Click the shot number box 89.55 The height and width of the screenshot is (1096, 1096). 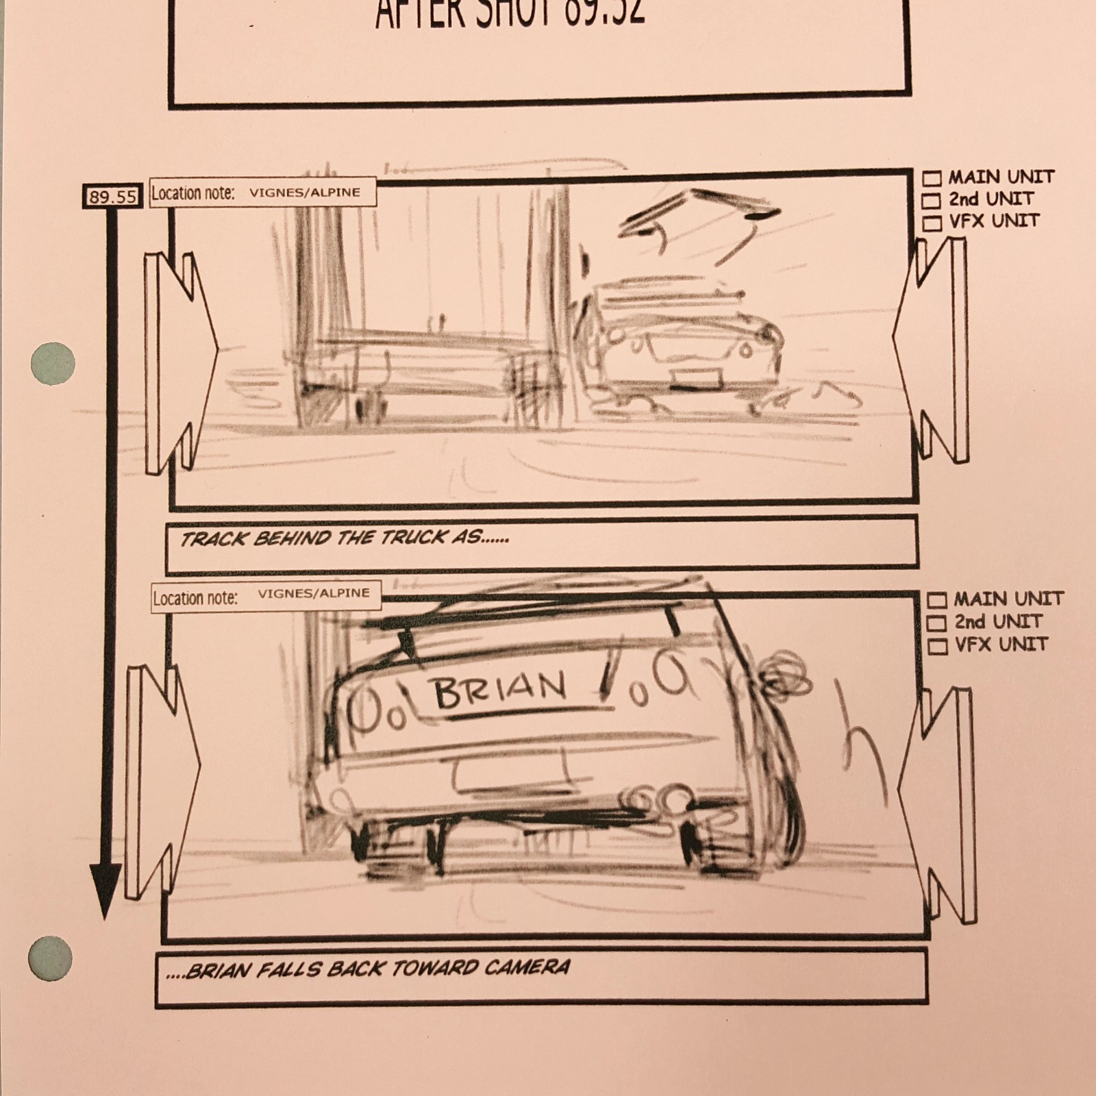pyautogui.click(x=112, y=197)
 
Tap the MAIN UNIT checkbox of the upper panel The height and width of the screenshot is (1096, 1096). pyautogui.click(x=932, y=179)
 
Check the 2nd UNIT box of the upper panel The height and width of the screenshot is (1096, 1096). pyautogui.click(x=931, y=201)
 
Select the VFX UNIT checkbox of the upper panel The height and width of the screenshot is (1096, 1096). pyautogui.click(x=932, y=223)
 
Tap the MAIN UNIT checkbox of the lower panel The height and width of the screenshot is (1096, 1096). pyautogui.click(x=936, y=601)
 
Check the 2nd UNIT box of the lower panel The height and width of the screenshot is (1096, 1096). pyautogui.click(x=936, y=623)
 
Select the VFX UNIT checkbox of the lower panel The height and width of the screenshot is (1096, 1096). pyautogui.click(x=937, y=646)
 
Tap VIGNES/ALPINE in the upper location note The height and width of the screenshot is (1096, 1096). pyautogui.click(x=304, y=192)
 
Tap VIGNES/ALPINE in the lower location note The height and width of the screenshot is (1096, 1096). pyautogui.click(x=313, y=593)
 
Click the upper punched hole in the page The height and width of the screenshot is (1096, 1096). pyautogui.click(x=53, y=364)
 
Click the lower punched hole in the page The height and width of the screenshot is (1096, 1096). pyautogui.click(x=51, y=958)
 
